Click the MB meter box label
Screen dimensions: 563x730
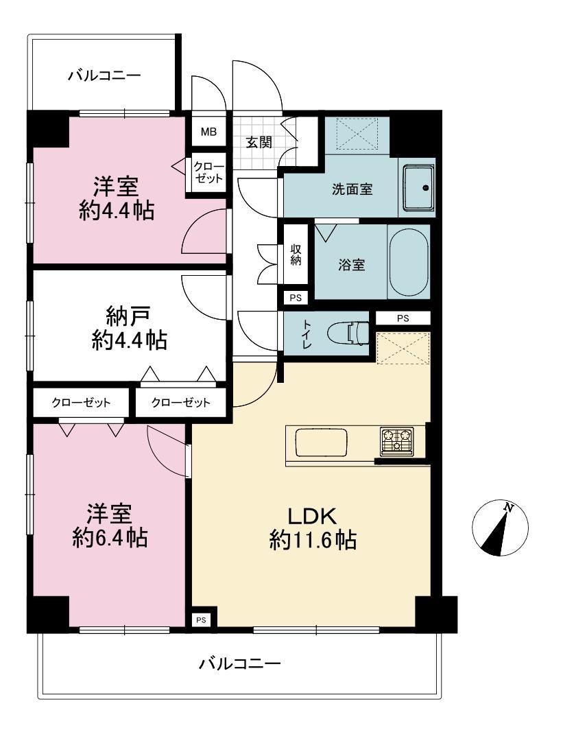[x=209, y=132]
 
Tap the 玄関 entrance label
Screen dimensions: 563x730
[x=259, y=142]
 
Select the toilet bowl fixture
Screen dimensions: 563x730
[x=348, y=333]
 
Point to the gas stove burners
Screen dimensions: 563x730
[x=397, y=441]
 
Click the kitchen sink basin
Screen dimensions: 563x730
[x=321, y=443]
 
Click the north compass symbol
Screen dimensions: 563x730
[x=500, y=528]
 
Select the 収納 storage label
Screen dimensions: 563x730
[x=296, y=254]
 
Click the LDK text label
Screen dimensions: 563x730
[x=312, y=517]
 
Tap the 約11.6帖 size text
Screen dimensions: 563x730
[x=313, y=541]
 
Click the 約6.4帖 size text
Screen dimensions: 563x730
[x=110, y=538]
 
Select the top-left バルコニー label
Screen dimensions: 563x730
[x=104, y=75]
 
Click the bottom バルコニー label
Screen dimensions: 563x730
[x=240, y=663]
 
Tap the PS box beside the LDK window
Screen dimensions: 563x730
[x=201, y=620]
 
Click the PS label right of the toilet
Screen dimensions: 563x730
[x=403, y=318]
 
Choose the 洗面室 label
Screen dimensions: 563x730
[x=352, y=189]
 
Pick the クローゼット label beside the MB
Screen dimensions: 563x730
[x=208, y=172]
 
